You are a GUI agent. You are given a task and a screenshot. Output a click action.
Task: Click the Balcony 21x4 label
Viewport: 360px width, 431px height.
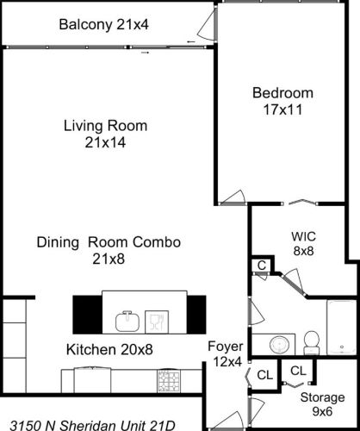point(103,24)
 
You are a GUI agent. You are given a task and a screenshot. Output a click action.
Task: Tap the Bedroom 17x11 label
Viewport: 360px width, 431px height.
point(282,101)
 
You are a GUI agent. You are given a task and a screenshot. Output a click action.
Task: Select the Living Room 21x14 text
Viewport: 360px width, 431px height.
point(105,134)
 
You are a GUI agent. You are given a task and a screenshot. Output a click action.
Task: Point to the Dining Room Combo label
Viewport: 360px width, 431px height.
point(109,250)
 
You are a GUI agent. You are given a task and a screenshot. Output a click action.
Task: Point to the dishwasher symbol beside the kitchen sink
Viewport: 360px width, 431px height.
point(156,322)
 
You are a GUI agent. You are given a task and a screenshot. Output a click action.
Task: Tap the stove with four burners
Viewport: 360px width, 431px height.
point(168,380)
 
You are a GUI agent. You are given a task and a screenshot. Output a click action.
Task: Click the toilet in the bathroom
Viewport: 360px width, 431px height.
point(313,341)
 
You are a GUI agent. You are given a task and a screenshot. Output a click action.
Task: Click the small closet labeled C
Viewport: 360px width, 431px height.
point(261,266)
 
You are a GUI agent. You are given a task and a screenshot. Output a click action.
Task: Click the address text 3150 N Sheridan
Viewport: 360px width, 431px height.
point(90,423)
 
